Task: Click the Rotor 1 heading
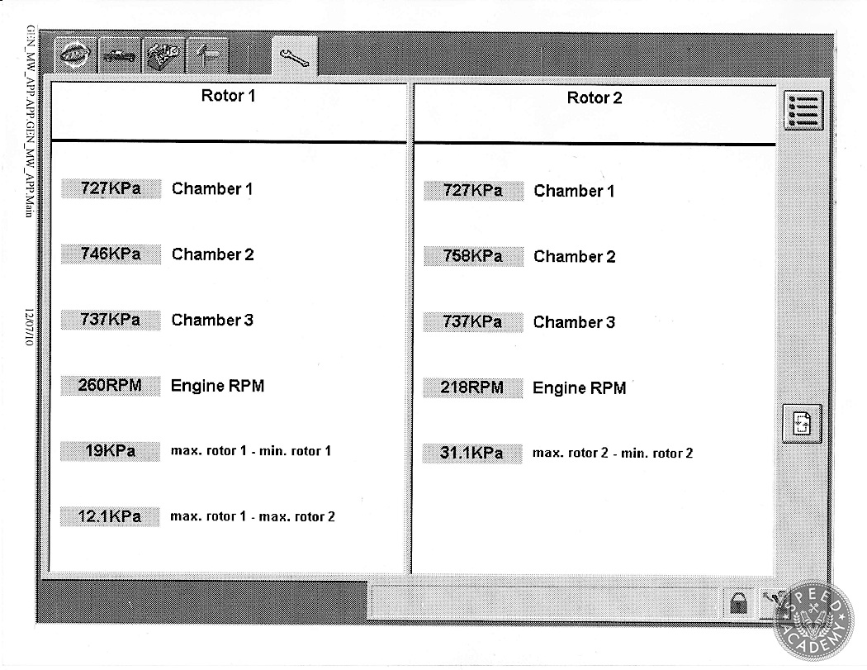[x=228, y=96]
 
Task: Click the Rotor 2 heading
[x=595, y=98]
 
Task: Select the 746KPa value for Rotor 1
[x=111, y=254]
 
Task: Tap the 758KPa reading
[x=473, y=256]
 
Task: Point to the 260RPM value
[x=110, y=385]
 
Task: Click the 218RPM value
[x=472, y=387]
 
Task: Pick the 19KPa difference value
[x=110, y=451]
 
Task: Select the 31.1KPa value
[x=471, y=453]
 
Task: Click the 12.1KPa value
[x=110, y=516]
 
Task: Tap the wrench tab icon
[x=295, y=57]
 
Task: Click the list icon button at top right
[x=803, y=111]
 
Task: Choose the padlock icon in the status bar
[x=739, y=603]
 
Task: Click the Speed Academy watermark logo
[x=813, y=620]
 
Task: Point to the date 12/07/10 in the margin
[x=29, y=327]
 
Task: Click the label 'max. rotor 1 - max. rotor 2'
[x=253, y=516]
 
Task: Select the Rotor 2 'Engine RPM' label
[x=580, y=387]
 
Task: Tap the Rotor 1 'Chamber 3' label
[x=212, y=320]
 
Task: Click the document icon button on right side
[x=803, y=424]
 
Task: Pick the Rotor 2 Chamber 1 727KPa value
[x=473, y=191]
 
